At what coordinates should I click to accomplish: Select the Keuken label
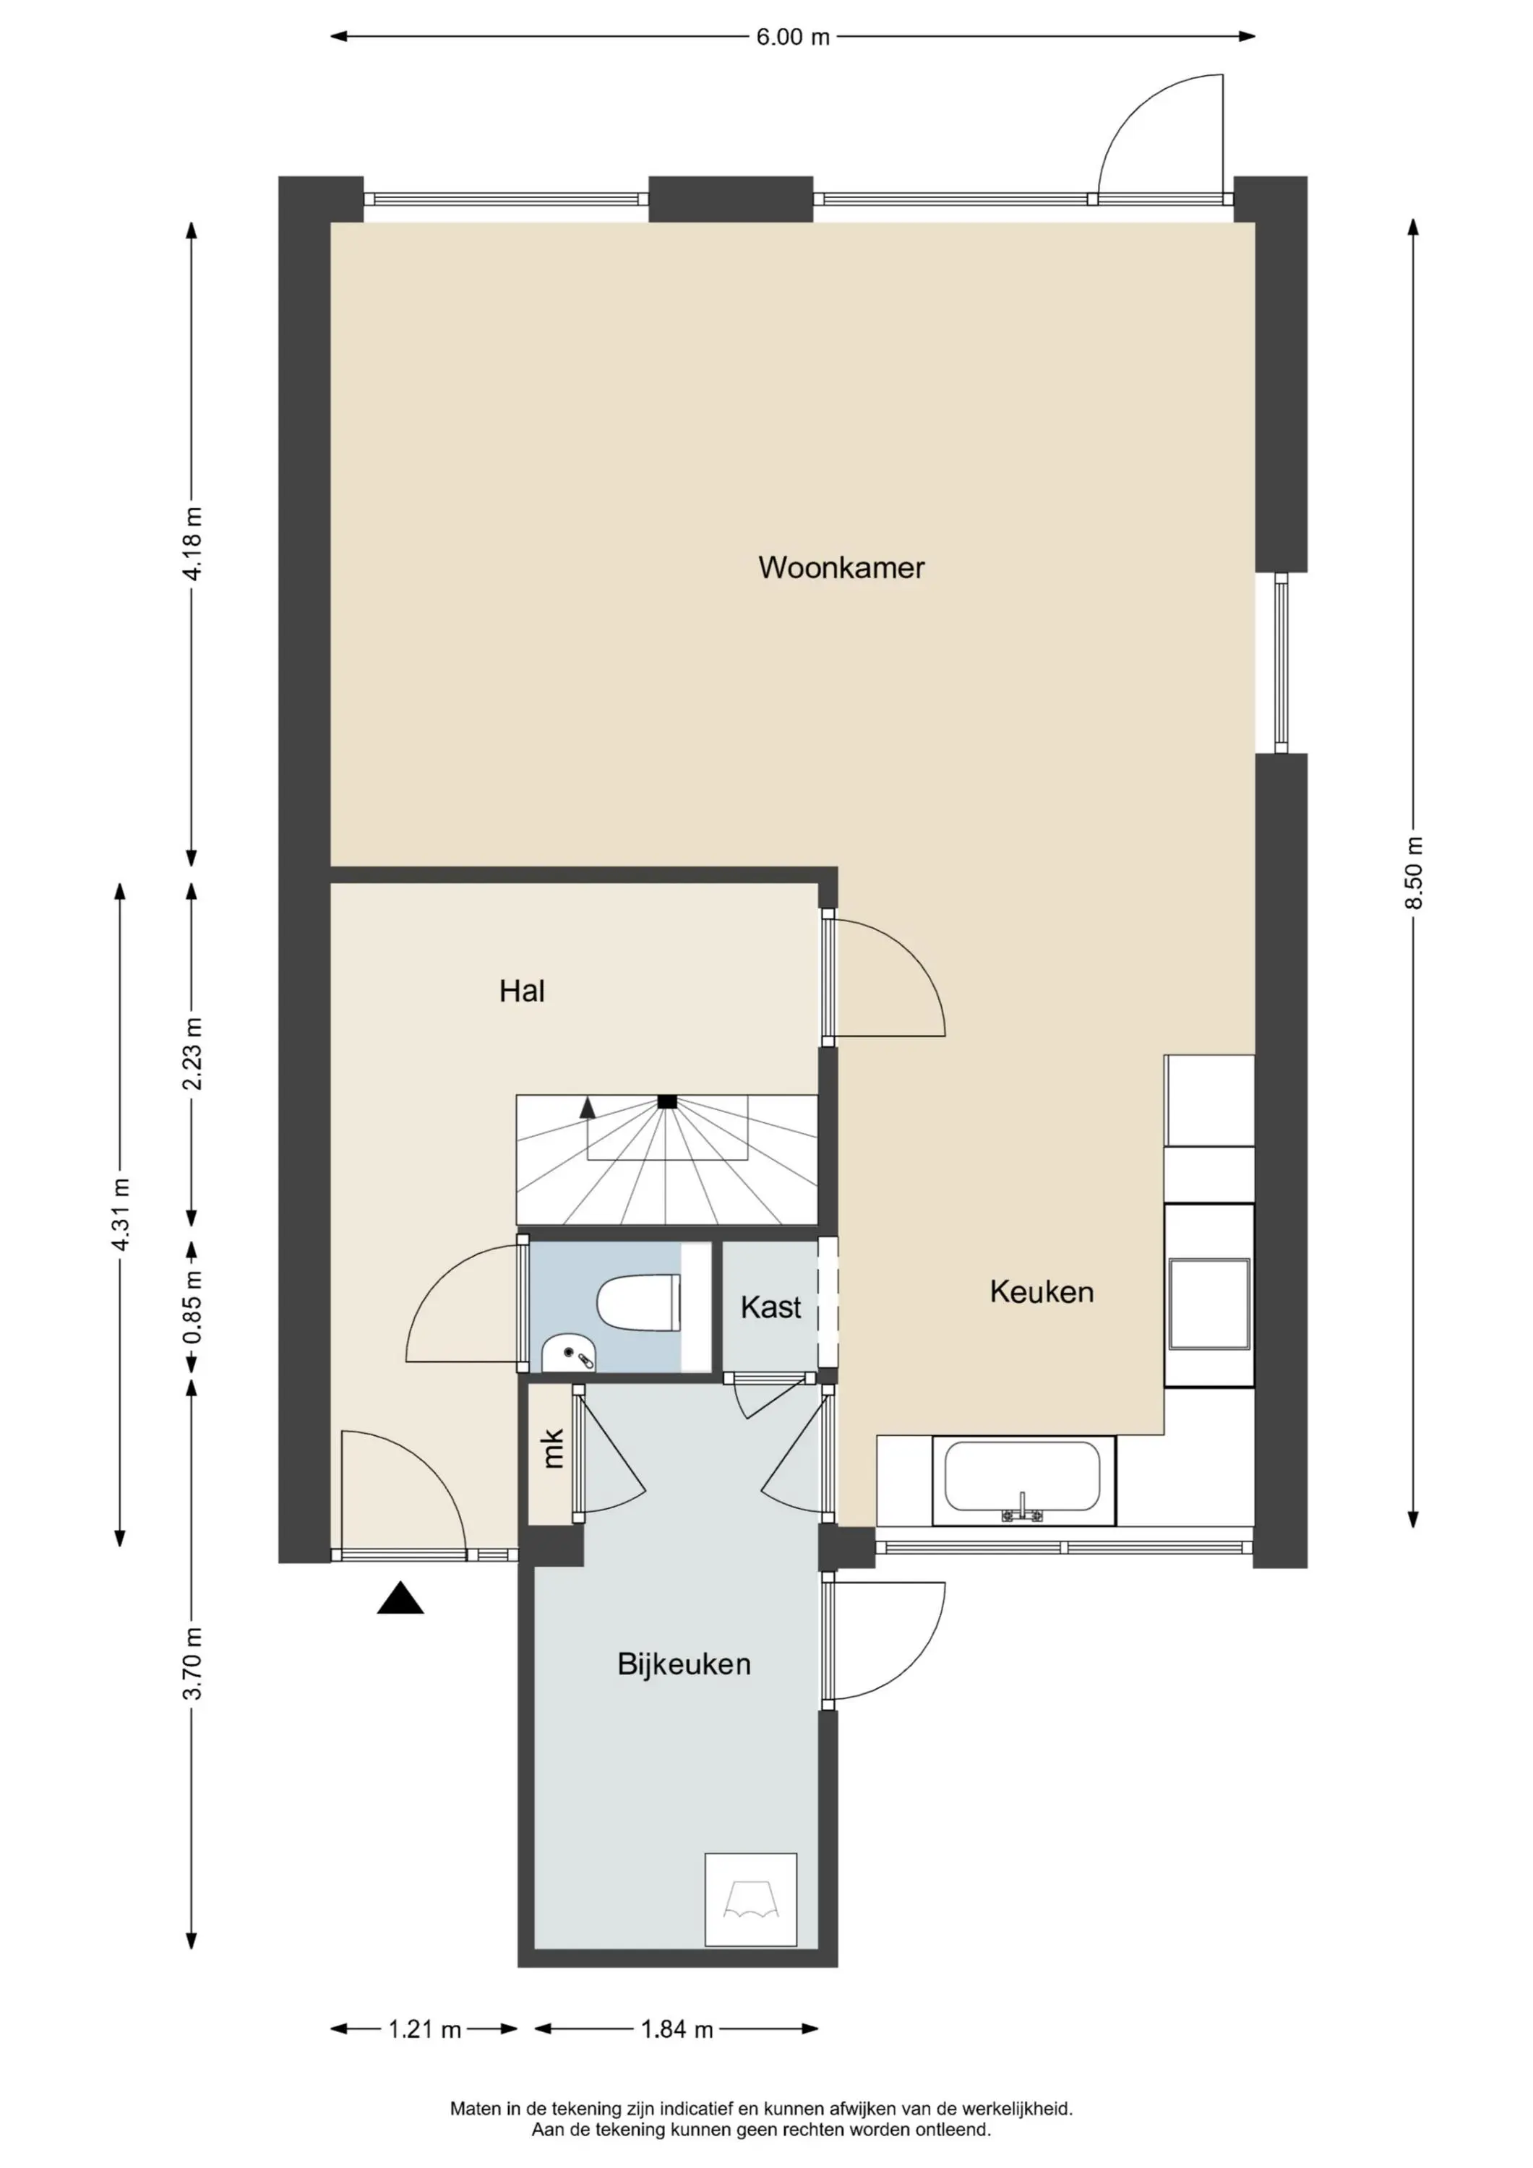1042,1291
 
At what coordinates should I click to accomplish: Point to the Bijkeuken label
684,1664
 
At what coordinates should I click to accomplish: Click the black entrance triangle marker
400,1598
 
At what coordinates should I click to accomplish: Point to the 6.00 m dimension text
792,37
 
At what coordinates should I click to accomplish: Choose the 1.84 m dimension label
677,2029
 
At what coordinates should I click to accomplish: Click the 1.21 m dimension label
424,2029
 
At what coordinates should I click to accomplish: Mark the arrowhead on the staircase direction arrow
588,1106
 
